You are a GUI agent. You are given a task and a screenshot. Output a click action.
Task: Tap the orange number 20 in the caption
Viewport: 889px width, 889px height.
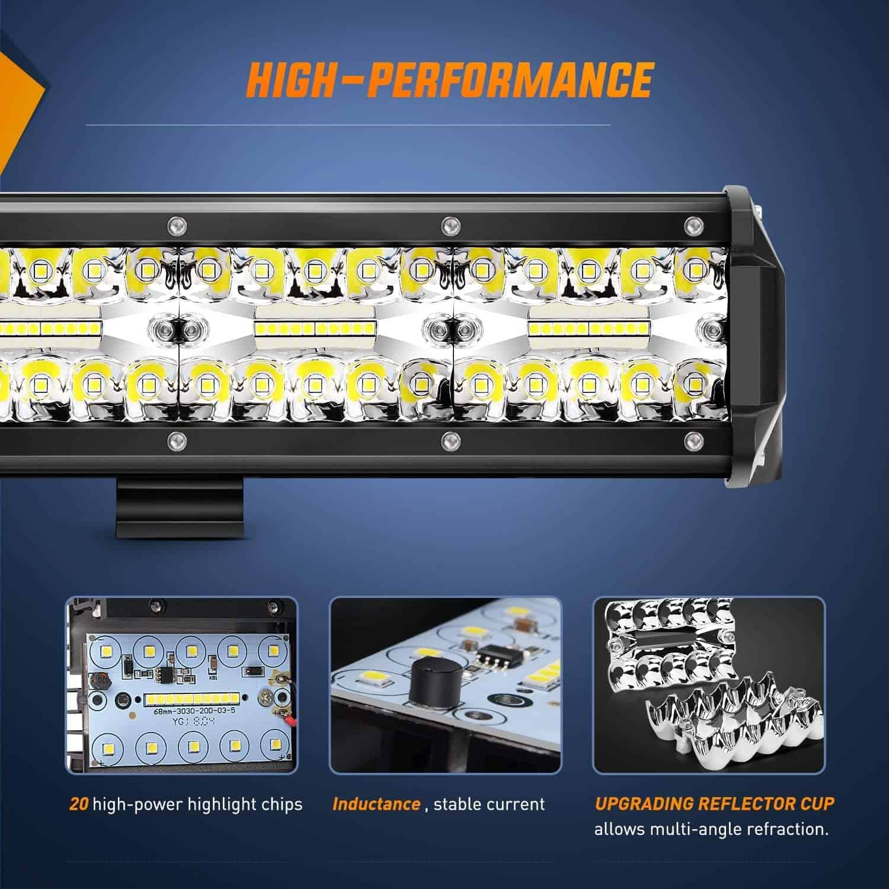pyautogui.click(x=79, y=804)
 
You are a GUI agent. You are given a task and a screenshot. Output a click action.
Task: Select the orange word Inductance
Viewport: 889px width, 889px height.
pyautogui.click(x=376, y=804)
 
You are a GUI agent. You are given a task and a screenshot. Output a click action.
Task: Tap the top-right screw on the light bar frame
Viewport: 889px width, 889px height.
pyautogui.click(x=690, y=225)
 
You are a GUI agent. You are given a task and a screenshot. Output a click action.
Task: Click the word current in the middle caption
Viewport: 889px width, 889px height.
pyautogui.click(x=514, y=804)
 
